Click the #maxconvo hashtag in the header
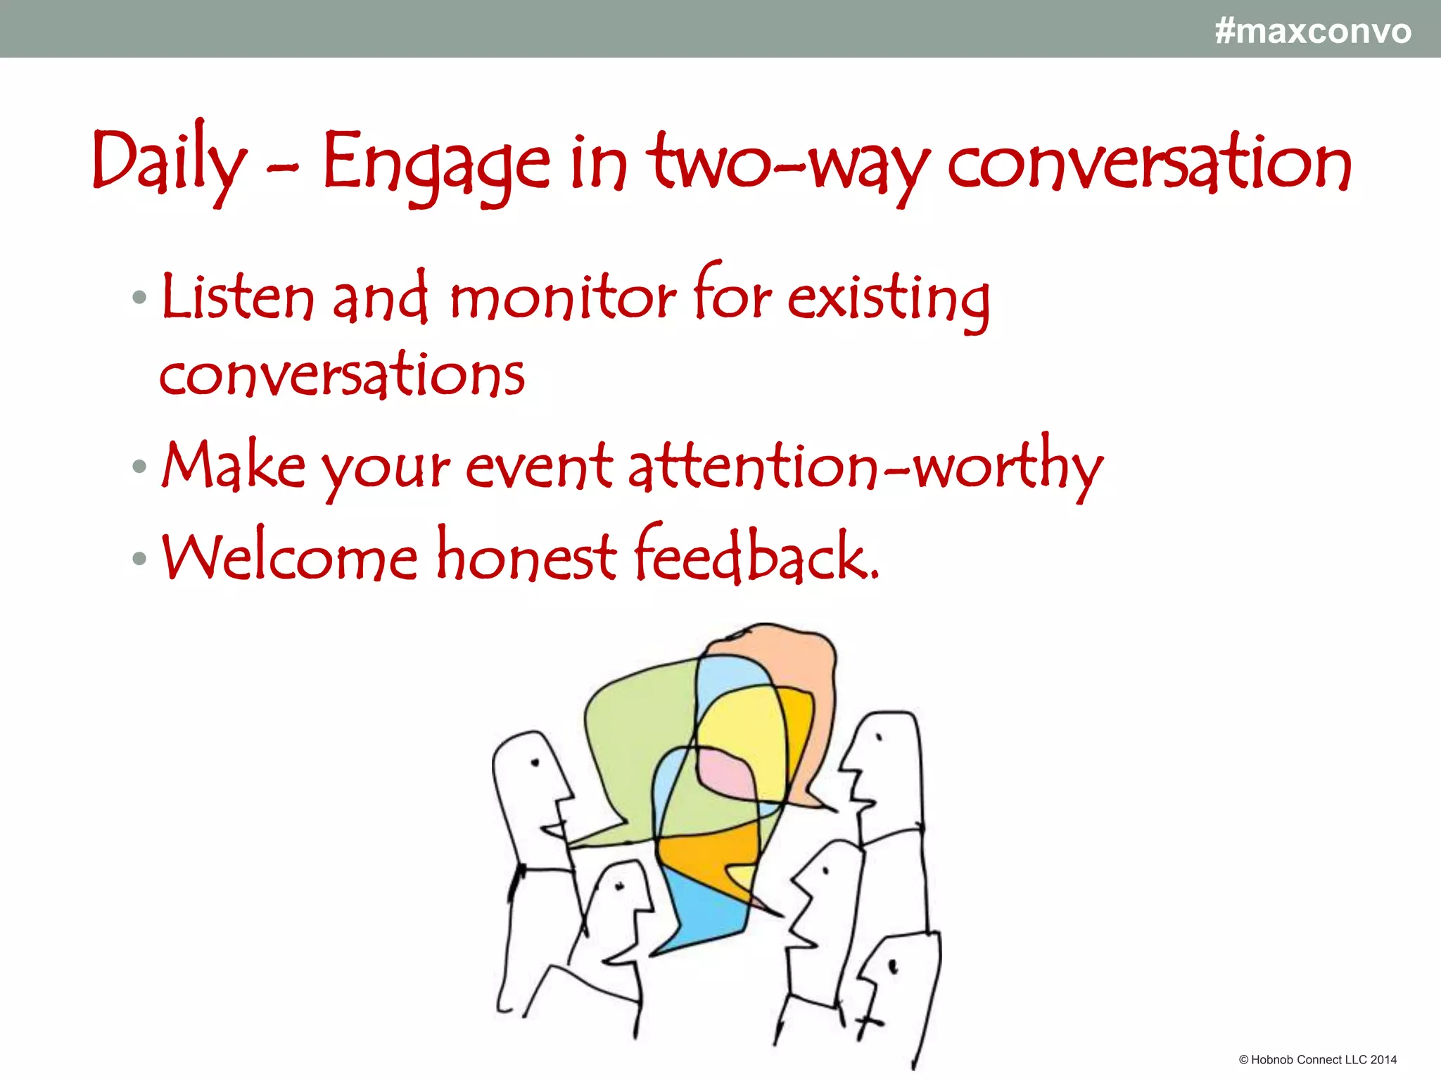tap(1313, 32)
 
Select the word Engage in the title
tap(436, 163)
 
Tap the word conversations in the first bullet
tap(342, 374)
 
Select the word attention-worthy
tap(865, 466)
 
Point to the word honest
tap(526, 557)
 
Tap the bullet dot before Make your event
tap(139, 466)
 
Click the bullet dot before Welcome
tap(139, 559)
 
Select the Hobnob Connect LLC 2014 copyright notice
tap(1317, 1060)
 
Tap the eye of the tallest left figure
tap(535, 762)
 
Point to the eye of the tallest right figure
tap(879, 738)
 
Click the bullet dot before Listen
tap(139, 298)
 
